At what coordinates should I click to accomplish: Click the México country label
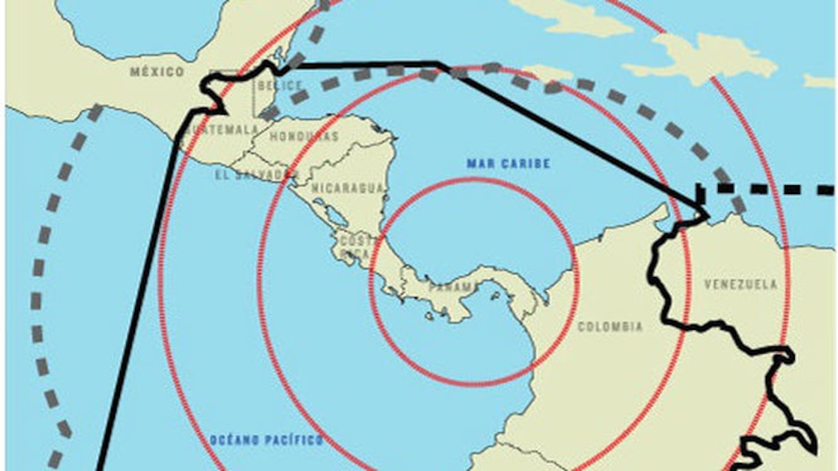point(157,71)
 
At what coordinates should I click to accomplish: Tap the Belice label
point(281,86)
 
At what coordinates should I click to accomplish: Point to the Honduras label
point(303,137)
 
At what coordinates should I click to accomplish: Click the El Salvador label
point(251,175)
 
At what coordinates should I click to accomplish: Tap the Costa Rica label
point(359,246)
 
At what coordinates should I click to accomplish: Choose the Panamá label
point(453,288)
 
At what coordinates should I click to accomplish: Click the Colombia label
point(610,327)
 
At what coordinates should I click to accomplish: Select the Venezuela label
point(741,284)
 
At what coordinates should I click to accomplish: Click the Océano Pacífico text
point(266,439)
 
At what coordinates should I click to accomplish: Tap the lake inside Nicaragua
point(335,216)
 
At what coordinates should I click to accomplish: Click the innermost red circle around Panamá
point(474,180)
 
